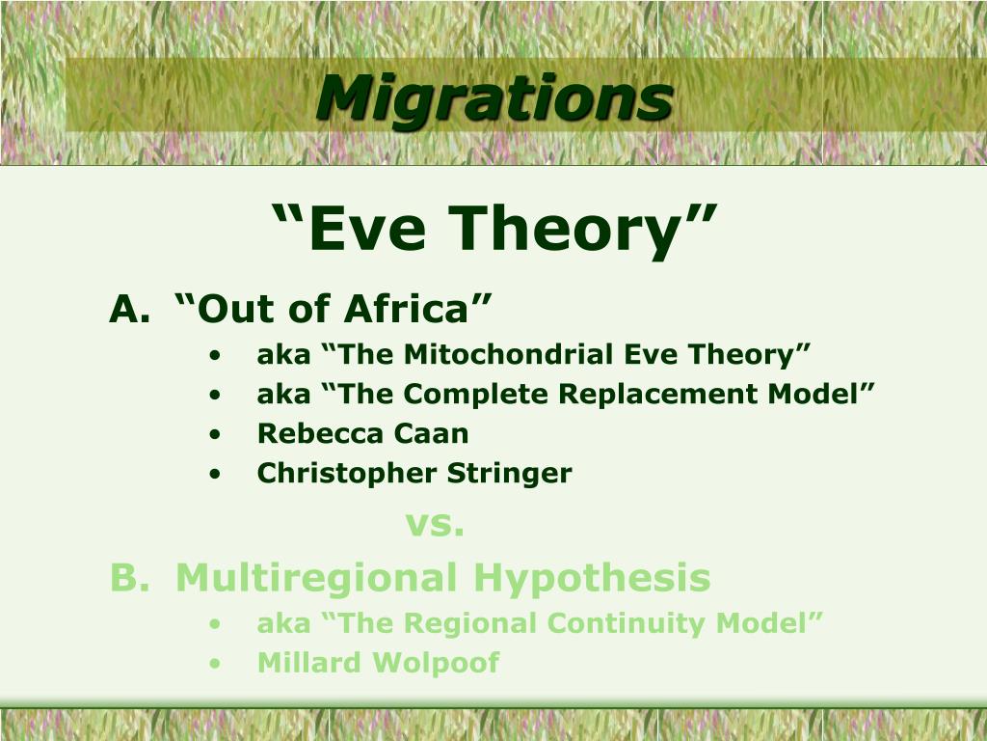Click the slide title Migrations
(493, 98)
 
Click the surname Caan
(427, 434)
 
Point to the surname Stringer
(509, 474)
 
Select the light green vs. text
(435, 525)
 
